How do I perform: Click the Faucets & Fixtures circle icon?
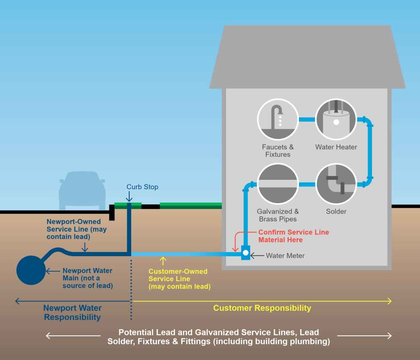[278, 119]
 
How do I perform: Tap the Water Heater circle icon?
[336, 119]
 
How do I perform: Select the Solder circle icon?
[336, 184]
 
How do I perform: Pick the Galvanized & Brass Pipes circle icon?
[278, 184]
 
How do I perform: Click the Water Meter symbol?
[246, 252]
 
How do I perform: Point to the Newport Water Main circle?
[31, 271]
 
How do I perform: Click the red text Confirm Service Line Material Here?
[293, 236]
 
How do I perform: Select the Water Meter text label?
[285, 256]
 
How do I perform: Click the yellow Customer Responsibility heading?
[262, 308]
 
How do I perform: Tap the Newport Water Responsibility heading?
[72, 312]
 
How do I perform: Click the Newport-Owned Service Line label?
[76, 229]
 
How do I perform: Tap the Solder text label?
[336, 211]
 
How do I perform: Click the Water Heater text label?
[336, 147]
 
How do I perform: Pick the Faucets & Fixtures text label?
[278, 151]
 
